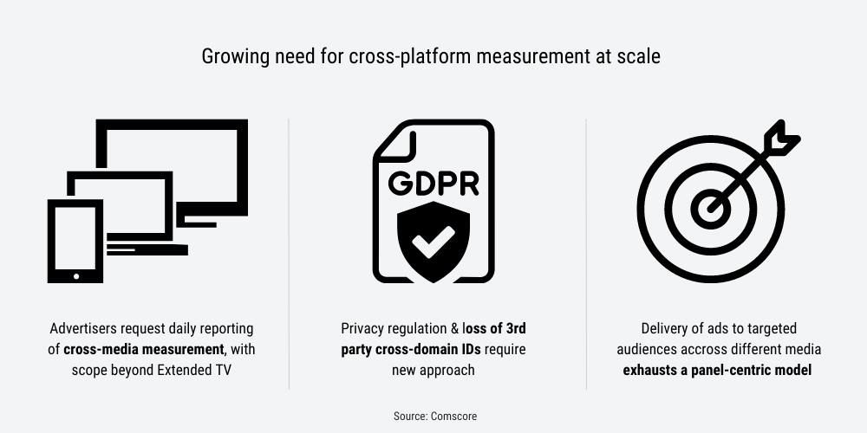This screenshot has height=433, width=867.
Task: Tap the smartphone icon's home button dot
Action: (75, 276)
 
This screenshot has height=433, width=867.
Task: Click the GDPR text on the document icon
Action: (433, 184)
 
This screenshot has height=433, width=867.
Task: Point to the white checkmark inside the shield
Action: (433, 242)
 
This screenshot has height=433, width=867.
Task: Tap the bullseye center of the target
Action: (711, 209)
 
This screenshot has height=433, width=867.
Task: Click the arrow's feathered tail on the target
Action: (781, 138)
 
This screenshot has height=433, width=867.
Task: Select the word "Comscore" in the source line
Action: (453, 417)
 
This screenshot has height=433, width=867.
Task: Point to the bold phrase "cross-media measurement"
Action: (144, 350)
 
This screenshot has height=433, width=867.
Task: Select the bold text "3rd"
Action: (516, 328)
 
